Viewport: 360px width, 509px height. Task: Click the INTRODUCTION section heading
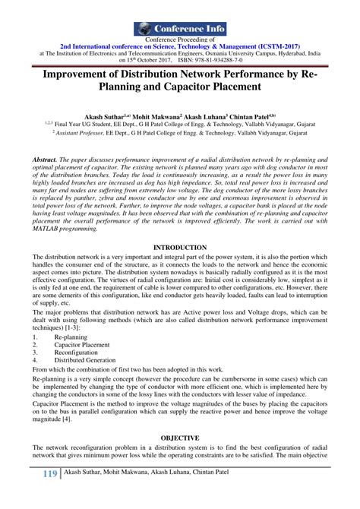point(179,226)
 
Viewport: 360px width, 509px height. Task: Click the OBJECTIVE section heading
point(179,438)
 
